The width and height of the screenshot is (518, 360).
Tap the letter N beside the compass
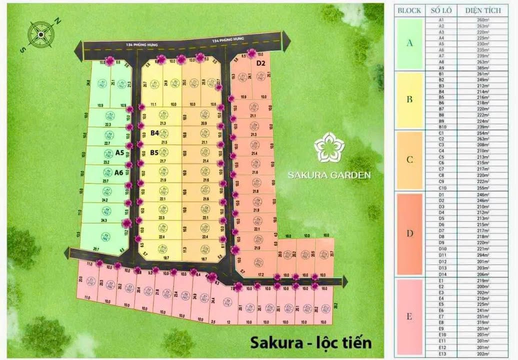click(x=57, y=20)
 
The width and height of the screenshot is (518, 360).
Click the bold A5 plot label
click(x=119, y=153)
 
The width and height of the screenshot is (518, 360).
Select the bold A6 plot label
click(x=118, y=172)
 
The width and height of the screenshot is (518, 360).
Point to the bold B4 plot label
click(x=154, y=133)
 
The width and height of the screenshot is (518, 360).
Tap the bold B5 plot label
click(x=154, y=152)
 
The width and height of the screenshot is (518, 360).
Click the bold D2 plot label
click(x=260, y=63)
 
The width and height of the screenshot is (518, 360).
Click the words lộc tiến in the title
click(x=343, y=343)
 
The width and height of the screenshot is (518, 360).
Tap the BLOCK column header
click(x=409, y=10)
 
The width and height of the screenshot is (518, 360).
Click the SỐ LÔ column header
click(x=441, y=10)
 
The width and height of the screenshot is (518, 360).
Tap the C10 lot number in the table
click(x=441, y=188)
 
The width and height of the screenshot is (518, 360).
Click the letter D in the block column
click(x=409, y=233)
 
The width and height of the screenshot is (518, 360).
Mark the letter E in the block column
click(x=409, y=316)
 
